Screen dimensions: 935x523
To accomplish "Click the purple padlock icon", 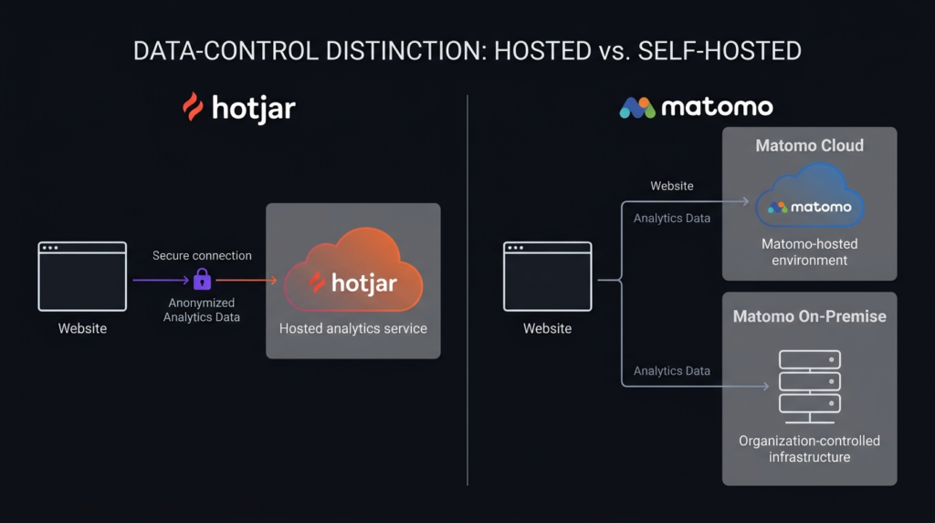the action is click(x=202, y=279).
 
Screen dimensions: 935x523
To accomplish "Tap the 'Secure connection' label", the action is click(x=202, y=255).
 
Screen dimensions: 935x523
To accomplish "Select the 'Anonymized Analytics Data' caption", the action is click(x=202, y=310).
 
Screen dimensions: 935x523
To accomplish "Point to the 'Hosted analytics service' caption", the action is click(x=353, y=328).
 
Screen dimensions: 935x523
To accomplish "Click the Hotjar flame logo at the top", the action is click(x=193, y=107).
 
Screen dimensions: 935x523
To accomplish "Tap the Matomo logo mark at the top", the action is click(x=637, y=108).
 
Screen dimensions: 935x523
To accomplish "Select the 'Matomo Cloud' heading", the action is click(x=809, y=145).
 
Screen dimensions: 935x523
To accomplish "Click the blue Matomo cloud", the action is click(x=809, y=196).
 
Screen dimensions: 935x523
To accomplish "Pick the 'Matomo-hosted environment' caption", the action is click(x=809, y=252).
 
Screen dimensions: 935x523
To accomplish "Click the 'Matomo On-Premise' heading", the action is click(x=809, y=316).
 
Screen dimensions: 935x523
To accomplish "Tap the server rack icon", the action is click(x=810, y=387).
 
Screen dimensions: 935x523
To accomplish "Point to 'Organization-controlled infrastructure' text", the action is click(x=809, y=449).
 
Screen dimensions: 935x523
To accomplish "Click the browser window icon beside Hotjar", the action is click(x=82, y=276).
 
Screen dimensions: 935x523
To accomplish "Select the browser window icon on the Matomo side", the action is click(x=548, y=276).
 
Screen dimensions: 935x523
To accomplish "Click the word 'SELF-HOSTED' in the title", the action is click(x=720, y=51).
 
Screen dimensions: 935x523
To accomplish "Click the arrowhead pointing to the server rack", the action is click(x=766, y=386).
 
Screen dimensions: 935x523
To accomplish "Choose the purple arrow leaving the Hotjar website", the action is click(x=161, y=280).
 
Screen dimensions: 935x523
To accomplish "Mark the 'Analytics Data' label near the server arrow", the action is click(x=671, y=370).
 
